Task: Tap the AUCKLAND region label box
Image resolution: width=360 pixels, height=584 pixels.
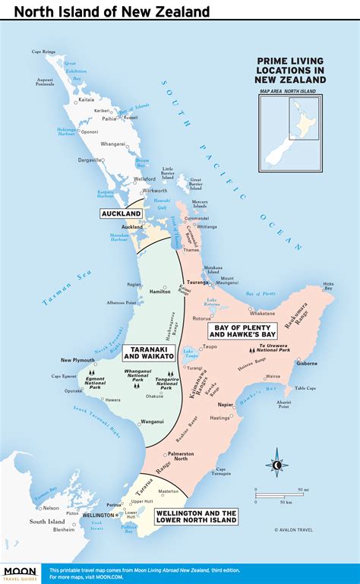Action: point(122,214)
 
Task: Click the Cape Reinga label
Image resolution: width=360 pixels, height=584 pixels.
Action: point(43,52)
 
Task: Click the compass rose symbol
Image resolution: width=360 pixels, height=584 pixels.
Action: point(277,465)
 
